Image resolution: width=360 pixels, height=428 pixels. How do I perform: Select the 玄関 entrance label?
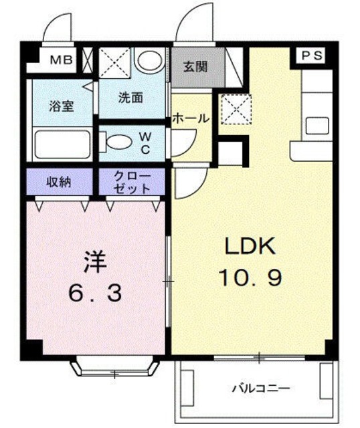[195, 66]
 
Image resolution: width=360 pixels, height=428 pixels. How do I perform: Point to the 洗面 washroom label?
[130, 97]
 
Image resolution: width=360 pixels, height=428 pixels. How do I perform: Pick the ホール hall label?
[191, 118]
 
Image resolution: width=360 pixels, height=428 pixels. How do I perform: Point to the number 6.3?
[95, 292]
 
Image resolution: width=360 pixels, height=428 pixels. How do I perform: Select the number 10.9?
[250, 278]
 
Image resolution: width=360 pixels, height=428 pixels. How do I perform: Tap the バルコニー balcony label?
[261, 387]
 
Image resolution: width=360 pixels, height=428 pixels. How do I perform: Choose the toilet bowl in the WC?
[118, 142]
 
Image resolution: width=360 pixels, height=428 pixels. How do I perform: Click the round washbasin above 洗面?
[146, 61]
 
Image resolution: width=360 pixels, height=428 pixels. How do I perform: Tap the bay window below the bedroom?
[115, 368]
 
